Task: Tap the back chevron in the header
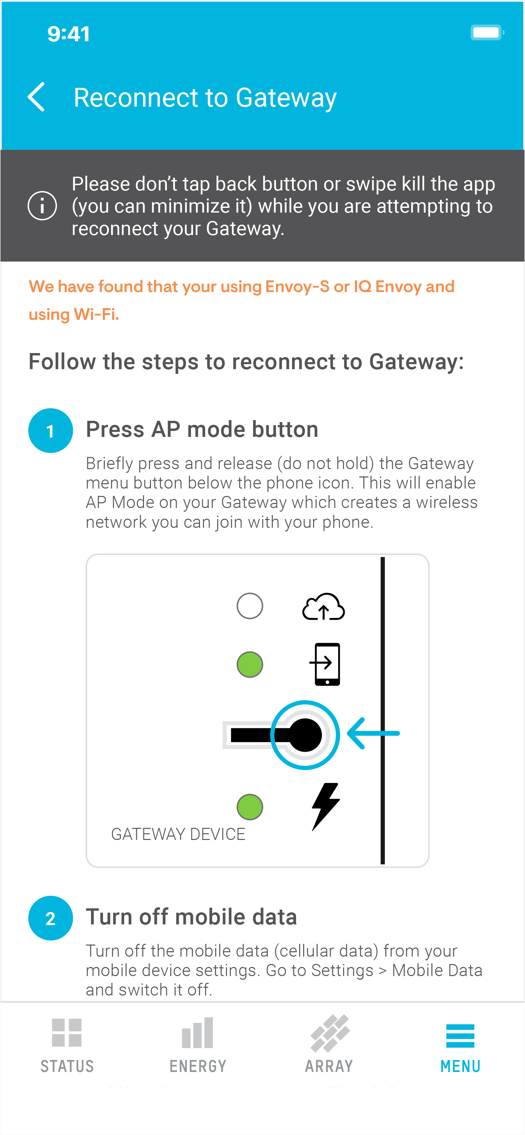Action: click(36, 97)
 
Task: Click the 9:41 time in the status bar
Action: click(68, 34)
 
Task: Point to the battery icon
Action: click(487, 33)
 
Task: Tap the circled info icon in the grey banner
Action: click(42, 205)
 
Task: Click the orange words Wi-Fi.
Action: click(96, 314)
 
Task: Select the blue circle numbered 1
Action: click(50, 431)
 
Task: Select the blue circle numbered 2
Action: click(50, 918)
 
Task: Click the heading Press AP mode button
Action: click(202, 429)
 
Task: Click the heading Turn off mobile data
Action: click(191, 916)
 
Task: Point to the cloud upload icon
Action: click(323, 607)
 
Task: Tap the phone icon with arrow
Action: click(326, 664)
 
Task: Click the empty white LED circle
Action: click(250, 606)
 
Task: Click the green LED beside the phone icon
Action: click(250, 665)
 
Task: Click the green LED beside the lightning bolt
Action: click(250, 807)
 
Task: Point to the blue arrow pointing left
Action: click(373, 733)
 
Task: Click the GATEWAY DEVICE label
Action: click(178, 834)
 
